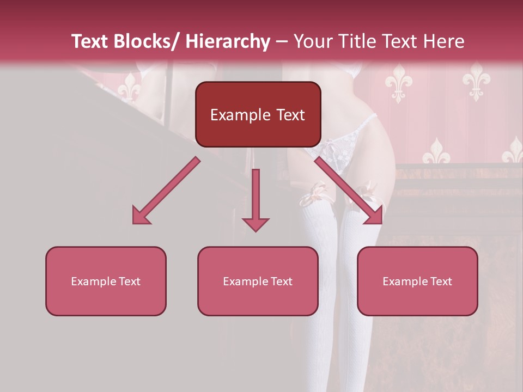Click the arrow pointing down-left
coord(166,191)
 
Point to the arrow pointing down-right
coord(349,191)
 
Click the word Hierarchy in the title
coord(228,41)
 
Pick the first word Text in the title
coord(90,41)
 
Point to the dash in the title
coord(282,41)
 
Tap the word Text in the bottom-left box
coord(129,281)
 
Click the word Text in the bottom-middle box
coord(281,281)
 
